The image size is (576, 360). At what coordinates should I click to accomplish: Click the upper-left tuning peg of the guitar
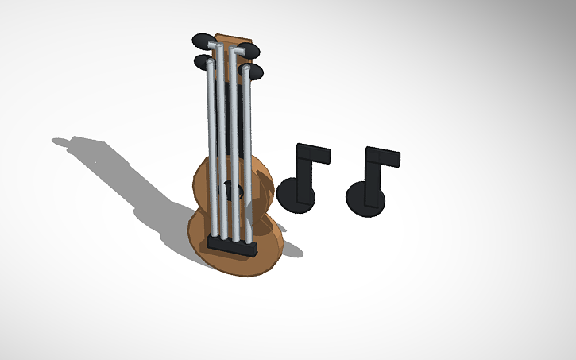coord(201,40)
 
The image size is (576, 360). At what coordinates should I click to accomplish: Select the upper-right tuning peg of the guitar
coord(251,51)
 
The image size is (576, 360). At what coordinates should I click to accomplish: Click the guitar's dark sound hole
coord(230,190)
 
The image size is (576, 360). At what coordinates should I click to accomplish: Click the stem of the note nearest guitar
coord(303,167)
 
